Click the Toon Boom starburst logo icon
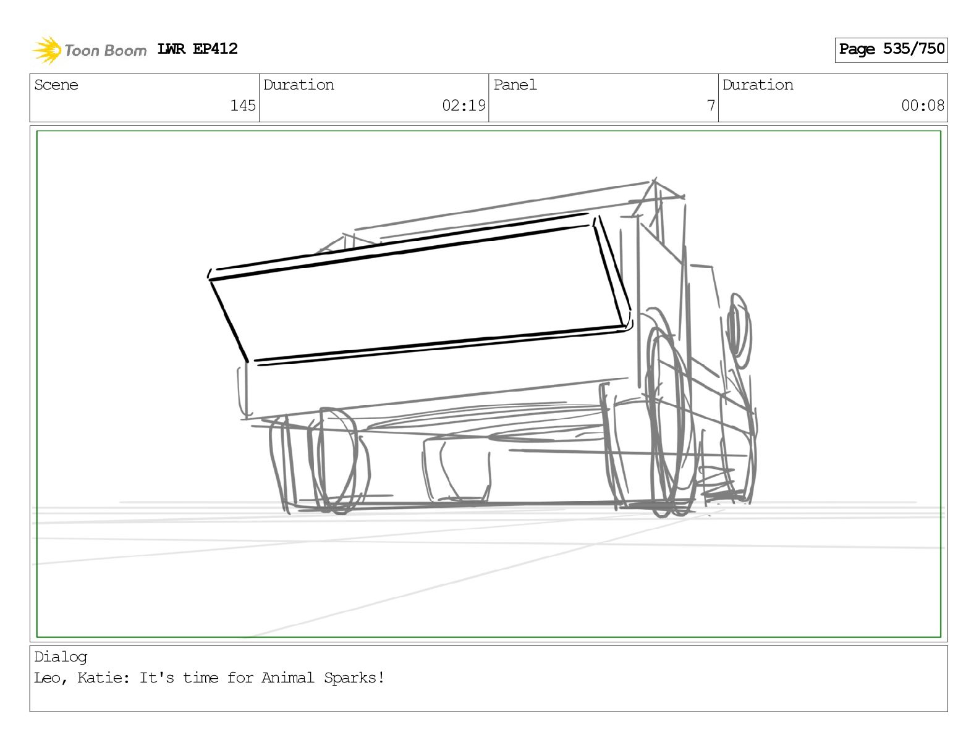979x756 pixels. point(47,50)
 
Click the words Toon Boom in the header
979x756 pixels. point(106,51)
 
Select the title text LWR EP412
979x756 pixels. point(197,49)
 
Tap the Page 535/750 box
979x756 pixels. point(891,50)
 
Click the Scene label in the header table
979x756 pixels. point(56,85)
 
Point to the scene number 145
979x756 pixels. point(243,106)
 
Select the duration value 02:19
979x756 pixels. point(464,106)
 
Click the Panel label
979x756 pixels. point(515,85)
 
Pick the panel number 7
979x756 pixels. point(711,106)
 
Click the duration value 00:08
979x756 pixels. point(923,106)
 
